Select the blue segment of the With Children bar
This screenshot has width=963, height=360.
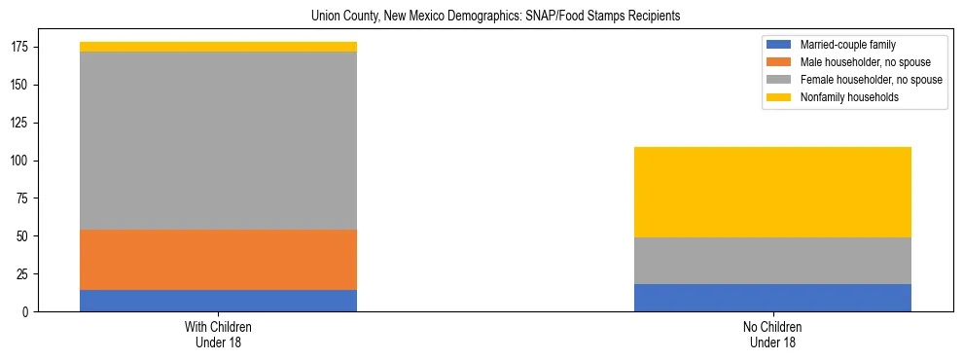[x=218, y=301]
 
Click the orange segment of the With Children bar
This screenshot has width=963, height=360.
[x=218, y=260]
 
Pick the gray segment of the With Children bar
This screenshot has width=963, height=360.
[x=218, y=141]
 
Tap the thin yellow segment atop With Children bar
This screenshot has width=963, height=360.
[x=218, y=47]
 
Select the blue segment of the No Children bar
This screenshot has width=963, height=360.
[x=772, y=298]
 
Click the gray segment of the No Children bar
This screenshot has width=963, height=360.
[x=772, y=261]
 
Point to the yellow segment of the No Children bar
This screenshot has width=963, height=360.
[x=772, y=193]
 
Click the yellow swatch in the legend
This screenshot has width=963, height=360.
[x=779, y=97]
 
